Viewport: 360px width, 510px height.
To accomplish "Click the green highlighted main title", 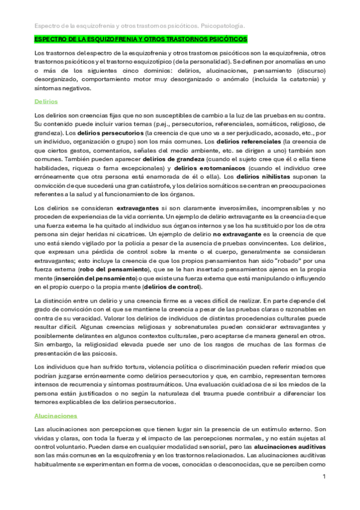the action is [x=140, y=39].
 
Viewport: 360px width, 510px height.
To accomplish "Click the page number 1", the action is [x=324, y=477].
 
